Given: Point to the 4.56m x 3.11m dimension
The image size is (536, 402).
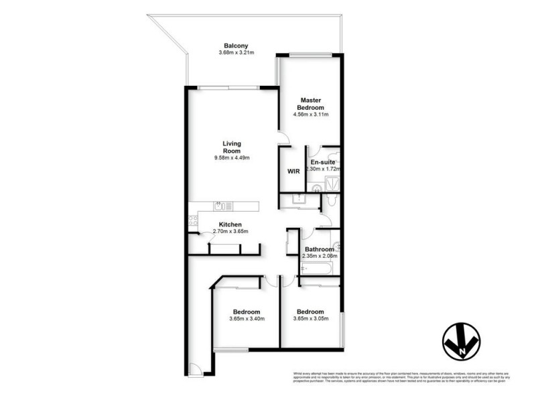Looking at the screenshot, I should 311,115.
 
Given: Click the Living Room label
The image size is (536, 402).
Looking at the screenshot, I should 232,147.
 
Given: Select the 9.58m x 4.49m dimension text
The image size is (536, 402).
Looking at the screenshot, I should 232,157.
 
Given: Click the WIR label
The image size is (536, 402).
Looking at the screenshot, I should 293,172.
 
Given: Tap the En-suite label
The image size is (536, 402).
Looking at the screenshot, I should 322,162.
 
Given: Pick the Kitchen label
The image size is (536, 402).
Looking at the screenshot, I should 230,224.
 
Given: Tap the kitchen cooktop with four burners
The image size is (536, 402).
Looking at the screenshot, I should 193,218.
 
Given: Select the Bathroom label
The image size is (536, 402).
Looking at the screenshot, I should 320,249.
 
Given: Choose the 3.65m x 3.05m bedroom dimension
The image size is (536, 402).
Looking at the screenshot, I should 310,319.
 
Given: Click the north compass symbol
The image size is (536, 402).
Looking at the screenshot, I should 462,340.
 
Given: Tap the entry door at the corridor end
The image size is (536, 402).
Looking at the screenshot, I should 194,369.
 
